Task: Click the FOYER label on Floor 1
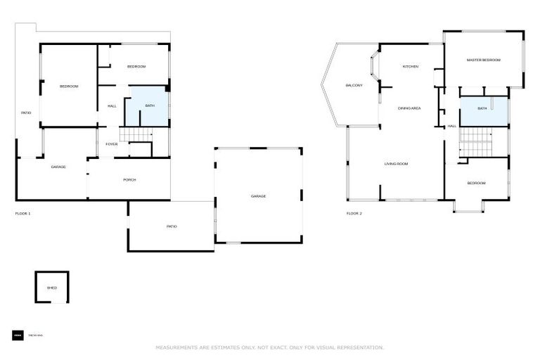[112, 144]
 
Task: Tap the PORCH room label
[129, 180]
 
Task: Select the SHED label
[51, 288]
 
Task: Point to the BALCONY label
[354, 86]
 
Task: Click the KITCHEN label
[410, 67]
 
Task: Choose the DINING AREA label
[409, 108]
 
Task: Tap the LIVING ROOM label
[396, 164]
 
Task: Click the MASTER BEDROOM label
[484, 60]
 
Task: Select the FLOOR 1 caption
[23, 213]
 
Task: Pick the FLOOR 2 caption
[354, 213]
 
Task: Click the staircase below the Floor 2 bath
[476, 144]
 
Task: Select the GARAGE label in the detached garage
[259, 196]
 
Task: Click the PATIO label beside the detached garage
[172, 226]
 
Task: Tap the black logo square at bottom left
[18, 335]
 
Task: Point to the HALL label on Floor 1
[112, 106]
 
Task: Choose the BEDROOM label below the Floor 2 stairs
[476, 184]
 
